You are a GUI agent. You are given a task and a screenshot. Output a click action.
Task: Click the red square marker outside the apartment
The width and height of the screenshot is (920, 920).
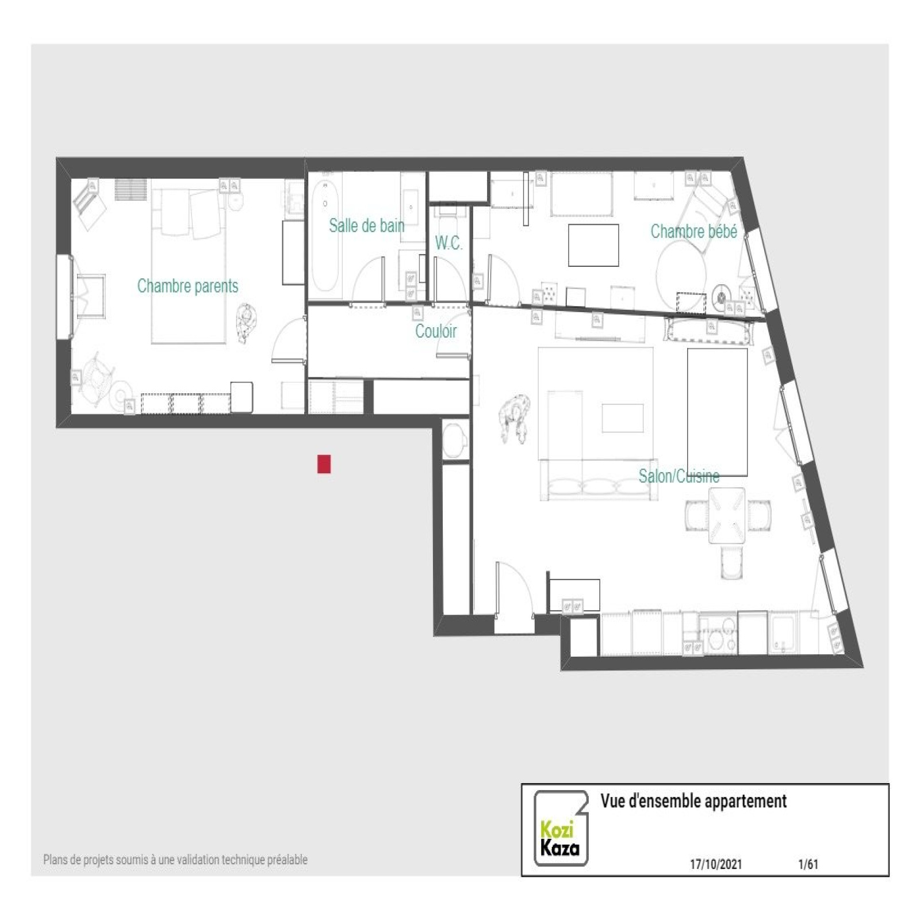[x=324, y=464]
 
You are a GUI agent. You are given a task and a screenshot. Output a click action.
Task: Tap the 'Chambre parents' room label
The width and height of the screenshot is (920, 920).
[x=187, y=286]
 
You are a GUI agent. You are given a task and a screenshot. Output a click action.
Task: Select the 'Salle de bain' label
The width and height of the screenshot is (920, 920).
[x=367, y=225]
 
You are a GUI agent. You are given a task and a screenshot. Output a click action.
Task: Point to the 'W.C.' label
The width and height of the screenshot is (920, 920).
[x=449, y=243]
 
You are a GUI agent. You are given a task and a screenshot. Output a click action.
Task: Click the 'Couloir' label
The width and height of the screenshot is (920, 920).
[x=436, y=331]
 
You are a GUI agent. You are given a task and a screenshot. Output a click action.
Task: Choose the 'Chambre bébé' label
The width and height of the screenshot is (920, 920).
[x=693, y=231]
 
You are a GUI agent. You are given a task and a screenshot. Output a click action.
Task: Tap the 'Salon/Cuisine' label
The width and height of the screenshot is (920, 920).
[x=679, y=476]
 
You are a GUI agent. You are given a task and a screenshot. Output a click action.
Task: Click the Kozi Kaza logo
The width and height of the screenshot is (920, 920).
[x=561, y=828]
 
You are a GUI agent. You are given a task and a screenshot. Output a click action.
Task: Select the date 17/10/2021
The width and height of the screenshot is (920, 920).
[x=716, y=864]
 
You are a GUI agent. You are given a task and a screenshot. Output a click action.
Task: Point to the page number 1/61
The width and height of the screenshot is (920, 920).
[x=808, y=864]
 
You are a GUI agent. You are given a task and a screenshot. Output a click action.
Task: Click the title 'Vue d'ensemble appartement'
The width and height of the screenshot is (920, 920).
[x=693, y=801]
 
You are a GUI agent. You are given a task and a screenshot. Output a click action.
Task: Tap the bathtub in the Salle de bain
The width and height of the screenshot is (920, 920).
[x=325, y=236]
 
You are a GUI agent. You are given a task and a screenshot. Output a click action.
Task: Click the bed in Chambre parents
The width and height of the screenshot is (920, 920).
[x=189, y=267]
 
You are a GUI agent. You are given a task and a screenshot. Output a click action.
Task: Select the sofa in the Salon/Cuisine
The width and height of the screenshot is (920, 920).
[x=598, y=480]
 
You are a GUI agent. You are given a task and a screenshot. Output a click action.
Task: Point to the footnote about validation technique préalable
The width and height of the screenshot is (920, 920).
[x=175, y=860]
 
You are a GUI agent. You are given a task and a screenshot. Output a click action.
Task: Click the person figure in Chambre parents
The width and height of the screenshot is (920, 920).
[x=247, y=323]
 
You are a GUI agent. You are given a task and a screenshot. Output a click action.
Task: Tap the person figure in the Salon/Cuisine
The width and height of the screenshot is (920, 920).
[x=515, y=418]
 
